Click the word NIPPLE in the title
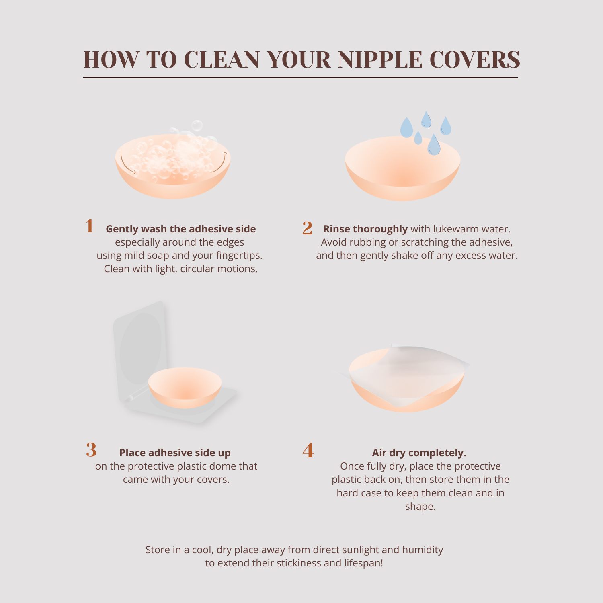tap(380, 59)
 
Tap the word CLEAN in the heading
tap(222, 59)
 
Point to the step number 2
tap(308, 228)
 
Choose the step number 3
tap(91, 450)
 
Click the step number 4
tap(308, 451)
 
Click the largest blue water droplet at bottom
tap(434, 144)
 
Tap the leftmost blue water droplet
tap(406, 127)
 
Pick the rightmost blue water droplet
tap(446, 126)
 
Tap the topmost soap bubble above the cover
tap(197, 126)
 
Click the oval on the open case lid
tap(141, 348)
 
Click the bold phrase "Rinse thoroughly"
tap(365, 229)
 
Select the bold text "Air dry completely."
tap(419, 453)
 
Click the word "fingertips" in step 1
tap(239, 256)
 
